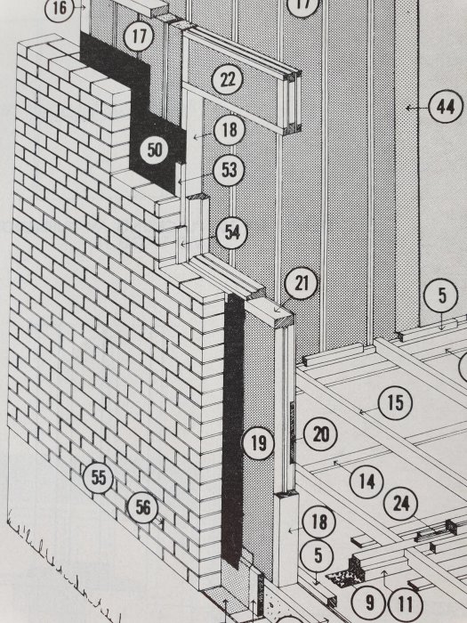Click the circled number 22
click(227, 80)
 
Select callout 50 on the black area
click(155, 150)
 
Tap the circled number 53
click(229, 170)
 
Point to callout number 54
click(232, 233)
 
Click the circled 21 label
click(302, 284)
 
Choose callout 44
click(446, 107)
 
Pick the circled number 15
click(395, 402)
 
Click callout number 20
click(320, 434)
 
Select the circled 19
click(258, 443)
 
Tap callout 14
click(366, 482)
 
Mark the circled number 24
click(400, 504)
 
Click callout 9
click(369, 603)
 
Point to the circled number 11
click(405, 604)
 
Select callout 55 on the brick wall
click(99, 477)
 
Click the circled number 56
click(142, 507)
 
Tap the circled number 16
click(60, 7)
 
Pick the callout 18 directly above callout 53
click(229, 130)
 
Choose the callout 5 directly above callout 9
click(317, 556)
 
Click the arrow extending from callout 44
click(417, 108)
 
